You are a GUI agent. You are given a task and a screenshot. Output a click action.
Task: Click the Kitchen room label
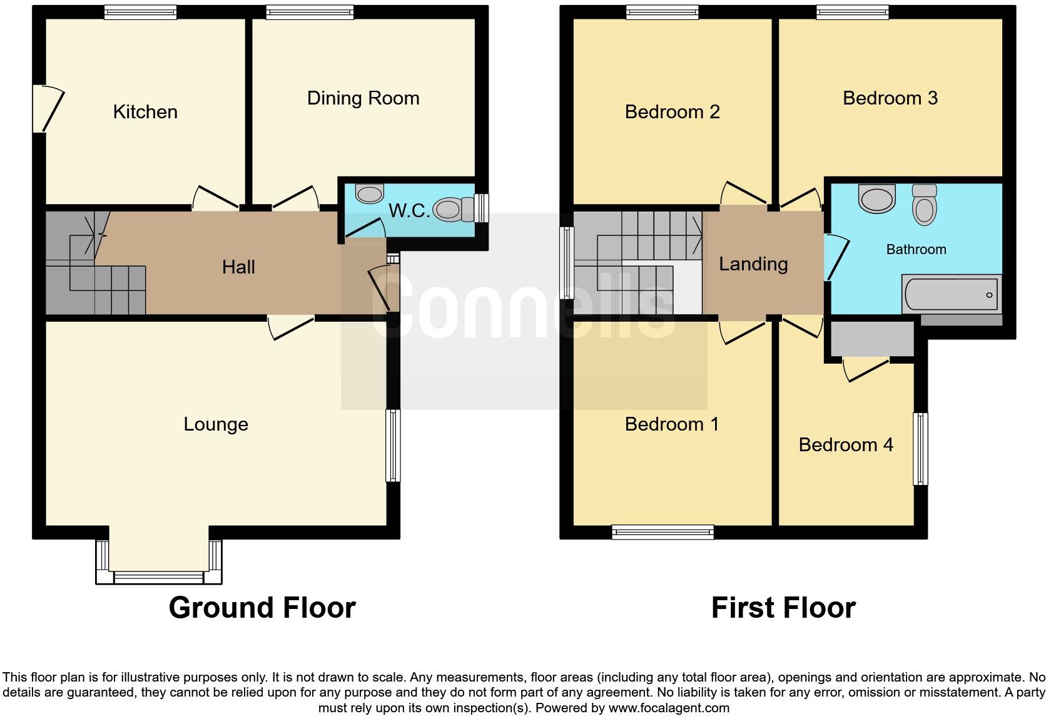pyautogui.click(x=145, y=112)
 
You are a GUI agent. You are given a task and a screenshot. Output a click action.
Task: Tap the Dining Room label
pyautogui.click(x=363, y=98)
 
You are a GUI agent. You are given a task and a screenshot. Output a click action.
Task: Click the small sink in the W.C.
pyautogui.click(x=369, y=193)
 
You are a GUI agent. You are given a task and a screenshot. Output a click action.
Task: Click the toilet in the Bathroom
pyautogui.click(x=924, y=204)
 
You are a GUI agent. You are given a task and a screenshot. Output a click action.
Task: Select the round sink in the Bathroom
pyautogui.click(x=877, y=198)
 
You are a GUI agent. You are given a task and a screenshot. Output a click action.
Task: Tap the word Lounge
pyautogui.click(x=216, y=424)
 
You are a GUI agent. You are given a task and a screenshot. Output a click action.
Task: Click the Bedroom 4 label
pyautogui.click(x=846, y=445)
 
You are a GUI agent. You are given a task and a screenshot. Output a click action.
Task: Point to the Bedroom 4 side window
pyautogui.click(x=920, y=448)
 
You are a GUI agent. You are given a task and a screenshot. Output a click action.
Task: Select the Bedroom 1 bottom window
pyautogui.click(x=663, y=532)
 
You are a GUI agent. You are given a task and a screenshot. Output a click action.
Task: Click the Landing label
pyautogui.click(x=753, y=264)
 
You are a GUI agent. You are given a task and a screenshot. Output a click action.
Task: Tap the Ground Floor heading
pyautogui.click(x=262, y=608)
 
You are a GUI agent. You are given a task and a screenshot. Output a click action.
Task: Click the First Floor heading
pyautogui.click(x=783, y=608)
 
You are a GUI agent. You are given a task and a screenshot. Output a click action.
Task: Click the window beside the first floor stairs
pyautogui.click(x=567, y=262)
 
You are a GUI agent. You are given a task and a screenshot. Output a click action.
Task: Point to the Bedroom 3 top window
pyautogui.click(x=852, y=12)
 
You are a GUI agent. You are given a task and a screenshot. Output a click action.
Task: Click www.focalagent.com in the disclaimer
pyautogui.click(x=668, y=708)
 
